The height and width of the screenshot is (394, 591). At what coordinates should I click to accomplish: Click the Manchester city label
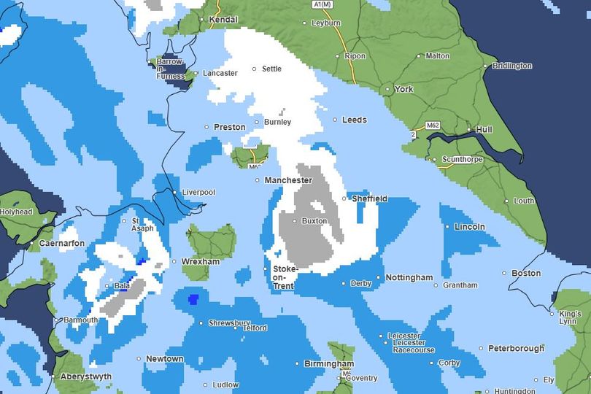(x=288, y=180)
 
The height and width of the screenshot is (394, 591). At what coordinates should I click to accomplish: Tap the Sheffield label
(x=369, y=198)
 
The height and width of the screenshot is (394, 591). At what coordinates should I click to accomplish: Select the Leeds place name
(x=355, y=120)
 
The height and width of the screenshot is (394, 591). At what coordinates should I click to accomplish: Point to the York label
(x=403, y=89)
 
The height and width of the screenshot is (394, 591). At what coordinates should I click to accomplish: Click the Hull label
(x=484, y=129)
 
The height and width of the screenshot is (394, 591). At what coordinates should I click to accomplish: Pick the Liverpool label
(x=198, y=192)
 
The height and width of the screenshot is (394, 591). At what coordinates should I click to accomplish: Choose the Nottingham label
(x=409, y=278)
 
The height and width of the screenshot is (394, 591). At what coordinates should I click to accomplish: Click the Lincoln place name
(x=469, y=227)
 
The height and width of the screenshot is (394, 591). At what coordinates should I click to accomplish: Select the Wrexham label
(x=201, y=261)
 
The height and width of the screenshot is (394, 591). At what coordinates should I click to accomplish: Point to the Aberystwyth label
(x=86, y=376)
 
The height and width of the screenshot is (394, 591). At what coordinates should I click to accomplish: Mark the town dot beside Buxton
(x=295, y=220)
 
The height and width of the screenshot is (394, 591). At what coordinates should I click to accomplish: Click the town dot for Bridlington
(x=485, y=66)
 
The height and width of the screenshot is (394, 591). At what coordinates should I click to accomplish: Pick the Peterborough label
(x=516, y=348)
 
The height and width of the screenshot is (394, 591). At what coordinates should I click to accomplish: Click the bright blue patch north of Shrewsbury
(x=193, y=298)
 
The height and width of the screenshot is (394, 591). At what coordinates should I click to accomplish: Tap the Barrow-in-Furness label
(x=169, y=69)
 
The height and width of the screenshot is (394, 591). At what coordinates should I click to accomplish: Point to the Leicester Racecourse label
(x=413, y=350)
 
